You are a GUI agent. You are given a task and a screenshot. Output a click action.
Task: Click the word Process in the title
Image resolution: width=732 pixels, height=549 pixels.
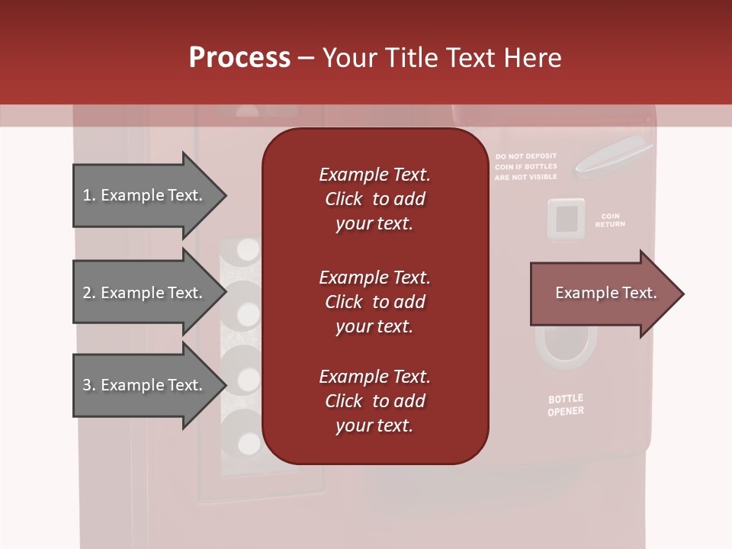click(239, 58)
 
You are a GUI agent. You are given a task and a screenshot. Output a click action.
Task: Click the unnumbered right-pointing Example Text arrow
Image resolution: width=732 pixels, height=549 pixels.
click(606, 294)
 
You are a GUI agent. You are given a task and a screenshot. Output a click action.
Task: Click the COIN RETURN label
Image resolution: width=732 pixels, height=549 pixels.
click(610, 220)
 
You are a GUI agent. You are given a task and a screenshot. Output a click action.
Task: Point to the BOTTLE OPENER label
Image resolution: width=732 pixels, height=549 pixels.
click(566, 405)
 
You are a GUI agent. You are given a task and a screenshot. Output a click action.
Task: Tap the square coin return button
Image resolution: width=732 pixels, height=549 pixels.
click(566, 218)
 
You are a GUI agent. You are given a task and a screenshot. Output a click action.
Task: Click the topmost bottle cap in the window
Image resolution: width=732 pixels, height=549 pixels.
click(248, 249)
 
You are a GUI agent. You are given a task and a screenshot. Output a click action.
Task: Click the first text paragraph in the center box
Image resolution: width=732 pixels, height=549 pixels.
click(374, 199)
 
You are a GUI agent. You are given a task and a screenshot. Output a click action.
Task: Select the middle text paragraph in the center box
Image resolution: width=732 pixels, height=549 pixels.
click(374, 302)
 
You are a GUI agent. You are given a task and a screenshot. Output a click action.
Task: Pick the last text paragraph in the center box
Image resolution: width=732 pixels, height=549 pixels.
click(374, 401)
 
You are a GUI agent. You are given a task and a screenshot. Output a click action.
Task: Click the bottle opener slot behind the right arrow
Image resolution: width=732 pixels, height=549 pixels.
click(566, 347)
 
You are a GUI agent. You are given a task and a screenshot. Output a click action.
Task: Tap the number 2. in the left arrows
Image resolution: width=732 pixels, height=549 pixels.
click(89, 294)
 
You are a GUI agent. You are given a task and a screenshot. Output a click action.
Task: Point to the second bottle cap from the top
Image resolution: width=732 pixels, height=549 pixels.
click(248, 313)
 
